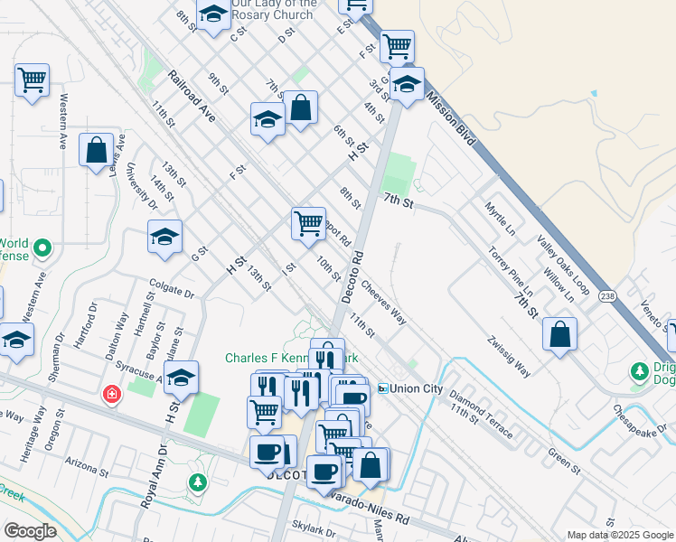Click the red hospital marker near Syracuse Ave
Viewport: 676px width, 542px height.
[111, 395]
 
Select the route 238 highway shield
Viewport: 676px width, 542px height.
[607, 296]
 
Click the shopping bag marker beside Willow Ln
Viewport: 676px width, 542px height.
[560, 333]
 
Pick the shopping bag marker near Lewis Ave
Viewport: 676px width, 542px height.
[96, 150]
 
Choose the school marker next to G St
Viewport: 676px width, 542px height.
[164, 237]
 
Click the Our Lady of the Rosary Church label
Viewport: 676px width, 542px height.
[272, 9]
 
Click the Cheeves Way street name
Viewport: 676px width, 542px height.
[383, 302]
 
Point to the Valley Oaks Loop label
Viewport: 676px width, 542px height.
[562, 266]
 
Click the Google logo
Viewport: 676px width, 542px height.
[30, 531]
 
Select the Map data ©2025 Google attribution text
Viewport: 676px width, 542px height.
[619, 535]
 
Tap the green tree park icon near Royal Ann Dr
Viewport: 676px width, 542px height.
[196, 482]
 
